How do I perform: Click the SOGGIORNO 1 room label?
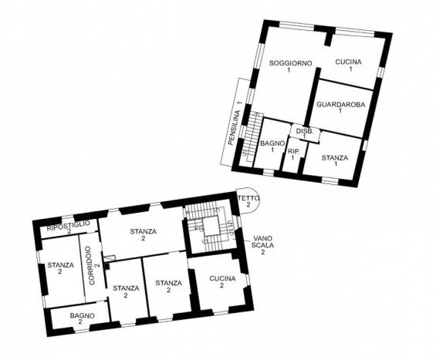[x=291, y=66]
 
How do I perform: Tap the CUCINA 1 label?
[x=349, y=66]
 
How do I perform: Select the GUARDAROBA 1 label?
[x=341, y=107]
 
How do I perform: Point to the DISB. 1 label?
[x=305, y=133]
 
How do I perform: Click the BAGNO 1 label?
[x=272, y=146]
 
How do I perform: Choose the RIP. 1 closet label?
[x=293, y=155]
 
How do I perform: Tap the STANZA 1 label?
[x=335, y=161]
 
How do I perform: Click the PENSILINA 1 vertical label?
[x=235, y=123]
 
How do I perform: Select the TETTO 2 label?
[x=248, y=201]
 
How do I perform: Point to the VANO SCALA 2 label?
[x=262, y=245]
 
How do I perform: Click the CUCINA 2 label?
[x=222, y=282]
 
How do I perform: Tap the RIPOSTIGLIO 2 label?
[x=69, y=227]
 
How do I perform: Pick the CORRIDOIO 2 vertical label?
[x=94, y=265]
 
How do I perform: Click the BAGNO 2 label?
[x=82, y=318]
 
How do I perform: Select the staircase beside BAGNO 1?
[x=252, y=137]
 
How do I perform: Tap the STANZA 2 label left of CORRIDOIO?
[x=60, y=268]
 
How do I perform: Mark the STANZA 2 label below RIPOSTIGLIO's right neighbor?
[x=144, y=234]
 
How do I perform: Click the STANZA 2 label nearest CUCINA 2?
[x=168, y=287]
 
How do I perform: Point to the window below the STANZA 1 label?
[x=330, y=181]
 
